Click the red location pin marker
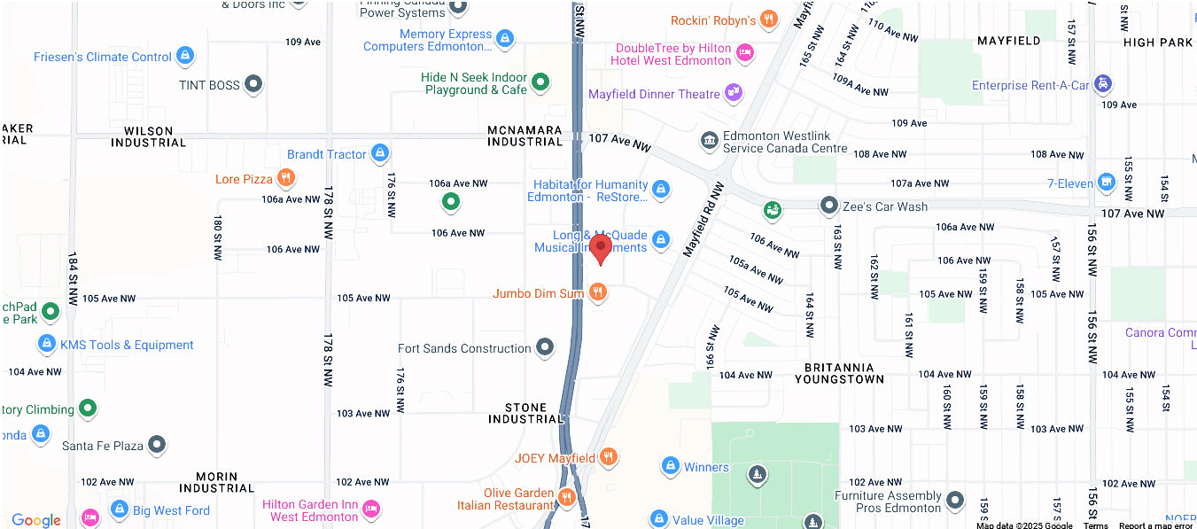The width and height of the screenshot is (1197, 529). click(601, 248)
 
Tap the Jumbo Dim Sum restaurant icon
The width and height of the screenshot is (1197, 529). click(598, 292)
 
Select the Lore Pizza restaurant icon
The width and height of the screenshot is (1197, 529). click(285, 179)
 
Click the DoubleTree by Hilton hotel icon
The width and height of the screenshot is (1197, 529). click(745, 53)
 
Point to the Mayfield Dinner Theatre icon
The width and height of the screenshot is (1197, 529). click(734, 92)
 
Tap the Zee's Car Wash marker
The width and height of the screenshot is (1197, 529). click(828, 206)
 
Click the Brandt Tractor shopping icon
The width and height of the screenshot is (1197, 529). click(380, 154)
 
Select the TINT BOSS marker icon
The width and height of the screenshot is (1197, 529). click(253, 85)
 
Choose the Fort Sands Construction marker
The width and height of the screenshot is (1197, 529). click(545, 348)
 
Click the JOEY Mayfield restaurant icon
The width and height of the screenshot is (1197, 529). click(608, 457)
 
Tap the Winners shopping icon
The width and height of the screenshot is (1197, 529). click(670, 466)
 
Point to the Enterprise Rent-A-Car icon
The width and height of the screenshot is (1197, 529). click(1102, 84)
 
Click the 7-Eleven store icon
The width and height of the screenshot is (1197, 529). click(1106, 183)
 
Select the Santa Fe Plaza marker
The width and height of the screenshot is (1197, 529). click(157, 445)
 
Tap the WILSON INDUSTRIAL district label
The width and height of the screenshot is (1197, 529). click(148, 136)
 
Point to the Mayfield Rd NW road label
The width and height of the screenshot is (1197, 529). click(704, 220)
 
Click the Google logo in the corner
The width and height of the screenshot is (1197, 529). click(36, 520)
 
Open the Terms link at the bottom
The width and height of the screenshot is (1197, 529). click(1095, 525)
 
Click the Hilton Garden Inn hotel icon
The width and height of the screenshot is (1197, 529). click(371, 509)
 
